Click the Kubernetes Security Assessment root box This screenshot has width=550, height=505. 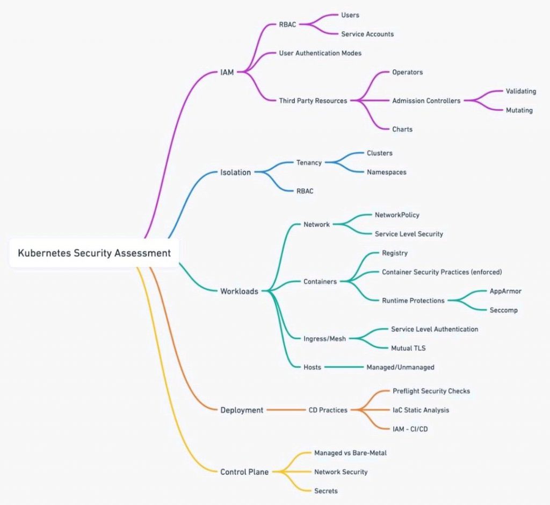(x=94, y=253)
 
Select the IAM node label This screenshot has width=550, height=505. (x=227, y=73)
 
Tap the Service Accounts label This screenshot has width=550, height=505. (x=367, y=34)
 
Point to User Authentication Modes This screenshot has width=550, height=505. (x=320, y=53)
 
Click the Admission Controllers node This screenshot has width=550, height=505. (x=426, y=101)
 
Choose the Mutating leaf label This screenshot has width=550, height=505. (x=519, y=110)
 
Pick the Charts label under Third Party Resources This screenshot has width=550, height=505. (x=402, y=129)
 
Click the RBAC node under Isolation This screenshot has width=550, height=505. (x=305, y=191)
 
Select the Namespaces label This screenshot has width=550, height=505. (x=387, y=172)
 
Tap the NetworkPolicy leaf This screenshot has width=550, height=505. (x=397, y=215)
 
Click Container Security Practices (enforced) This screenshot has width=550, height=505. (x=442, y=272)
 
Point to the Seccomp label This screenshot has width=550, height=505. (x=504, y=310)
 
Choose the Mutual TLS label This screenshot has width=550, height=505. (x=408, y=348)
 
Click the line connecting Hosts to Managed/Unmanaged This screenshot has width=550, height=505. (x=344, y=367)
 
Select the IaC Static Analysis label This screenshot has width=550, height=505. (x=421, y=410)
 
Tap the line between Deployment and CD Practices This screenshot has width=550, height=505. (x=286, y=410)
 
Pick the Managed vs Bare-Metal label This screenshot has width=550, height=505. (x=350, y=453)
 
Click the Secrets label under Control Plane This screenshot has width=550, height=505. (x=326, y=491)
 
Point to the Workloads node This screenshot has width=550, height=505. (x=239, y=291)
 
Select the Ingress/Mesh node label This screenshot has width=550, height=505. (x=325, y=339)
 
